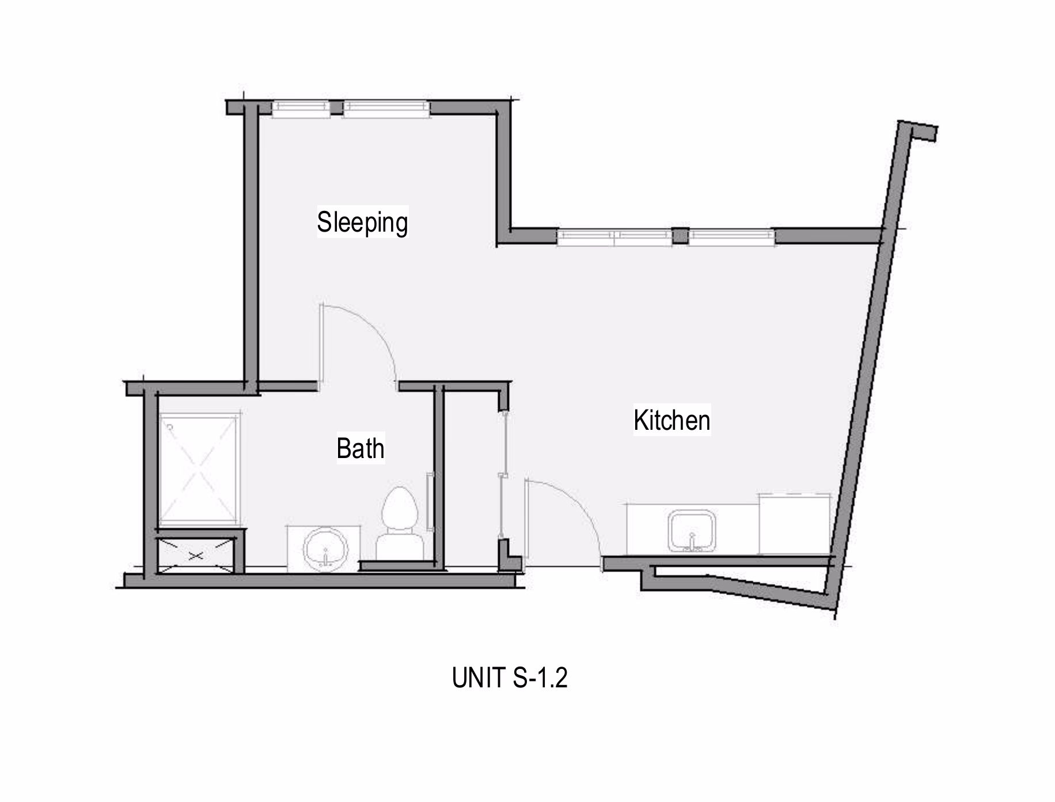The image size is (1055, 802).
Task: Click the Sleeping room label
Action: point(362,222)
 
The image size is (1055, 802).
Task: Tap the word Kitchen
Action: point(671,420)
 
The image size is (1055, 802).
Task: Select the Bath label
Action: point(360,448)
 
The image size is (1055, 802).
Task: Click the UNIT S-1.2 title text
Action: point(510,678)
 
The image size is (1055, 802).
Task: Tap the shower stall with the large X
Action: point(199,468)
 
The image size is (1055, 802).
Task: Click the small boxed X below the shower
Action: point(196,555)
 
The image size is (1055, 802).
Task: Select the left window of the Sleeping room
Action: point(301,109)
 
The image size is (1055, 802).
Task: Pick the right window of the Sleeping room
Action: point(386,109)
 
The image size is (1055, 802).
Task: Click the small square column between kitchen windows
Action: point(680,236)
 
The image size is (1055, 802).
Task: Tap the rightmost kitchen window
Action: point(731,237)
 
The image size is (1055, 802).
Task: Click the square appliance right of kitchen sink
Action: point(795,524)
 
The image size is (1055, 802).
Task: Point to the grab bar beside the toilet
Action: point(429,501)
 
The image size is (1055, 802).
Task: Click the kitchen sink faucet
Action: point(692,542)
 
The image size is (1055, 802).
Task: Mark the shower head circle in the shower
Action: point(170,427)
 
